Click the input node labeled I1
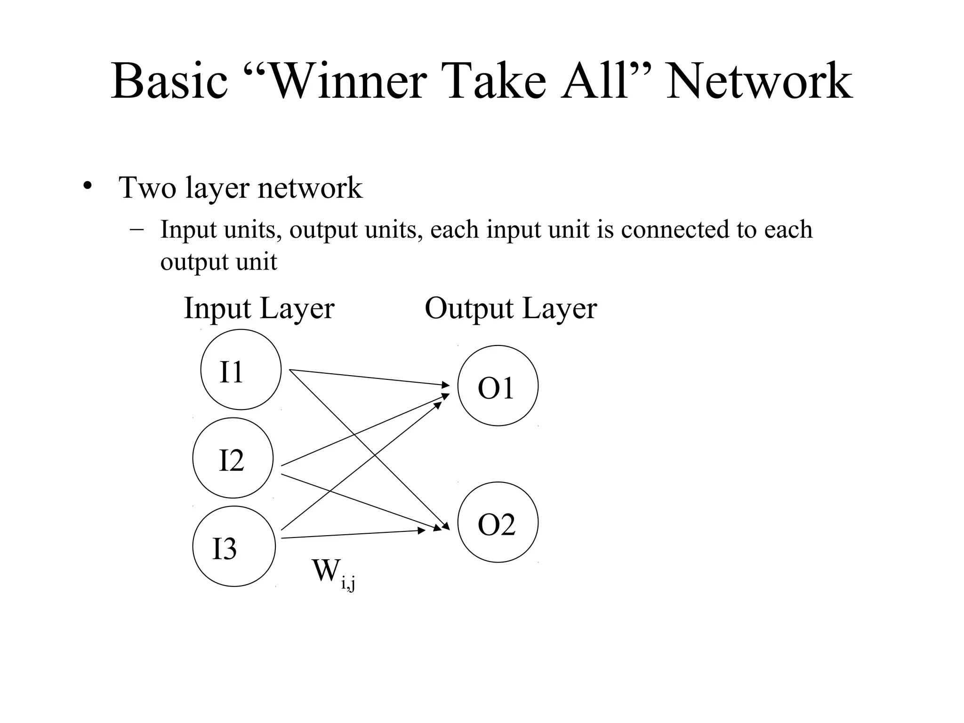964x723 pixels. [241, 370]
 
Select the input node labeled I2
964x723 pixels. [233, 458]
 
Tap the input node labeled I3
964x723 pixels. [233, 546]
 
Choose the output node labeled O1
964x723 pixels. [498, 386]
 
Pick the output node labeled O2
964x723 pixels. [498, 522]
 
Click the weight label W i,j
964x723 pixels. [332, 573]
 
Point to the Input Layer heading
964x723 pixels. [258, 308]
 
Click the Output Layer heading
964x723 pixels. [510, 308]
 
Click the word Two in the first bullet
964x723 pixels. [148, 187]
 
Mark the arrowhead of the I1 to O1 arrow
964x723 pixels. [445, 385]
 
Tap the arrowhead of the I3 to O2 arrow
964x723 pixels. [421, 530]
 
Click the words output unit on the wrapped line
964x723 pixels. [218, 262]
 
